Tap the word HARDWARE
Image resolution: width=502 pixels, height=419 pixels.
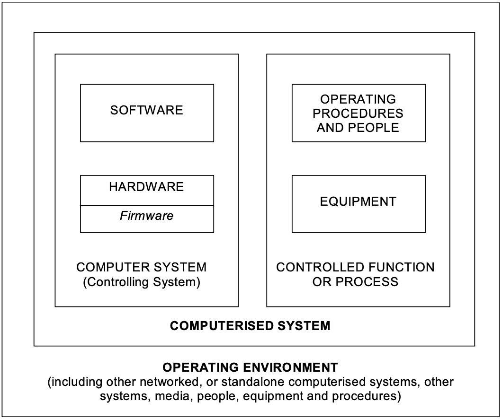pyautogui.click(x=147, y=187)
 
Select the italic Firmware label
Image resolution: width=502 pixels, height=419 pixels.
pyautogui.click(x=147, y=216)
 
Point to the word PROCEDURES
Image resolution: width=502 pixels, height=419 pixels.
pyautogui.click(x=358, y=113)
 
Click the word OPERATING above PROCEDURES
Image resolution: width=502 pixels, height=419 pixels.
pyautogui.click(x=358, y=99)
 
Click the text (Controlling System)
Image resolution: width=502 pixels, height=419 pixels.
pyautogui.click(x=142, y=282)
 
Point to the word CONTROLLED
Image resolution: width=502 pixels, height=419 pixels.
pyautogui.click(x=320, y=267)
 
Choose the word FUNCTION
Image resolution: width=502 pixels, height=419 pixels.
pyautogui.click(x=402, y=267)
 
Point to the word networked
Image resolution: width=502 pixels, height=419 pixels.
pyautogui.click(x=170, y=382)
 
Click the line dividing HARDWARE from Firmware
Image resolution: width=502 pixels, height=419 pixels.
pyautogui.click(x=147, y=206)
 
